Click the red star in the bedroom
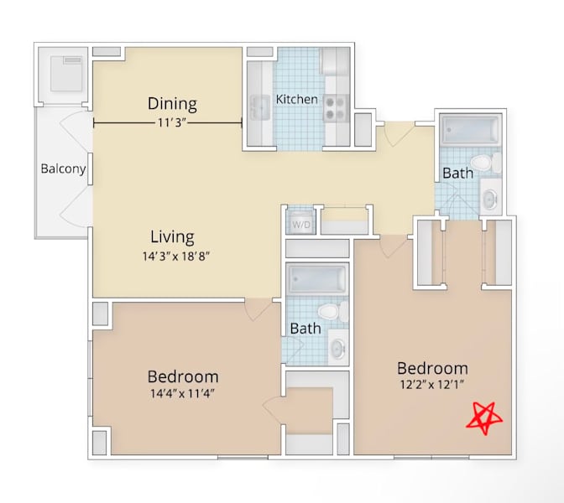(484, 418)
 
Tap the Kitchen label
(297, 99)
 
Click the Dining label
(172, 103)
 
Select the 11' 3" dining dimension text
(172, 123)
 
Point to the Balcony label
(63, 169)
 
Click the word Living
(172, 236)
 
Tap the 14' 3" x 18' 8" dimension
(176, 257)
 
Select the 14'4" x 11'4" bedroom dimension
(182, 393)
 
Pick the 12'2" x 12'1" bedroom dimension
(432, 385)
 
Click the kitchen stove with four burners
(336, 108)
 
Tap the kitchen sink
(260, 108)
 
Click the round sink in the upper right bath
(490, 198)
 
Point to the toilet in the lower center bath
(333, 312)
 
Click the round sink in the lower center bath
(337, 347)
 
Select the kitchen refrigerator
(335, 61)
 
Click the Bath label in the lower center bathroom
(305, 329)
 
